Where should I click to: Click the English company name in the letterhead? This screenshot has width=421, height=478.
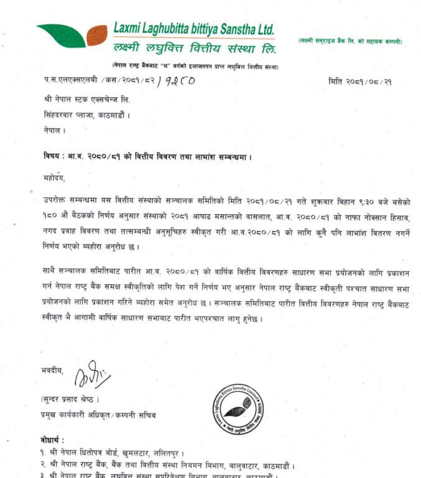point(193,29)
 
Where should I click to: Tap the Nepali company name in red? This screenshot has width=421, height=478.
point(195,48)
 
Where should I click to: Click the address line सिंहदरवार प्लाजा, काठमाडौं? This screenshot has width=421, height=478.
point(86,115)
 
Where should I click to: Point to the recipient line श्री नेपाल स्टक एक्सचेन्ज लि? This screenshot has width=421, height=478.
point(86,100)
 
